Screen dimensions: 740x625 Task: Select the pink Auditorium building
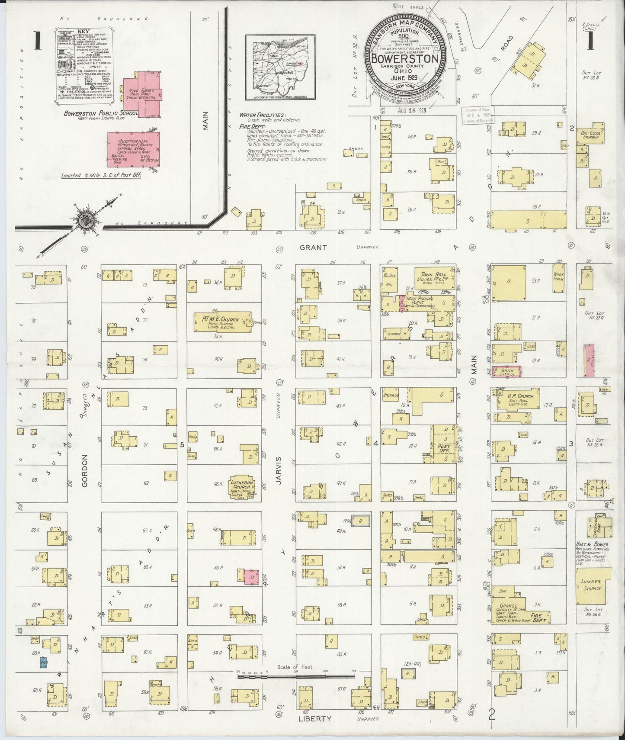(133, 149)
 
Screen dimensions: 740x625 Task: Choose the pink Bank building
(506, 371)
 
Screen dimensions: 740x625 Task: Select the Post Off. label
(444, 449)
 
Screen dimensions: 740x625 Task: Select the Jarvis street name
(279, 471)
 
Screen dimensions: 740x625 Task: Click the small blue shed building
(43, 663)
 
